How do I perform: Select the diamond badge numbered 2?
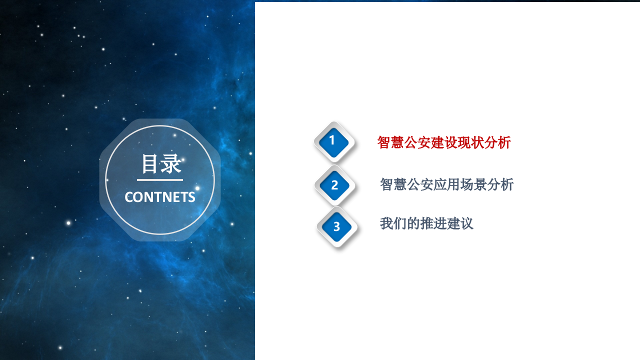point(334,185)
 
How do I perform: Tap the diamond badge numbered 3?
point(336,227)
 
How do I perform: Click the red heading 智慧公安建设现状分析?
point(444,142)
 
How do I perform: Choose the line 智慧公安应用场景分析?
point(446,184)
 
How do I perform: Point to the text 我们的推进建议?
point(426,223)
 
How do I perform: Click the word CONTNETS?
point(160,197)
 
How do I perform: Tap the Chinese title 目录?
point(160,164)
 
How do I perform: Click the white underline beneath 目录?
point(160,179)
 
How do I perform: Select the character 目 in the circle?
point(149,164)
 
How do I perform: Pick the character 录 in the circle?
point(171,164)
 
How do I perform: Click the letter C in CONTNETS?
point(129,197)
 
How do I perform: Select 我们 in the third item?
point(393,223)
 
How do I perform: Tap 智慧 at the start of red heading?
point(390,142)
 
